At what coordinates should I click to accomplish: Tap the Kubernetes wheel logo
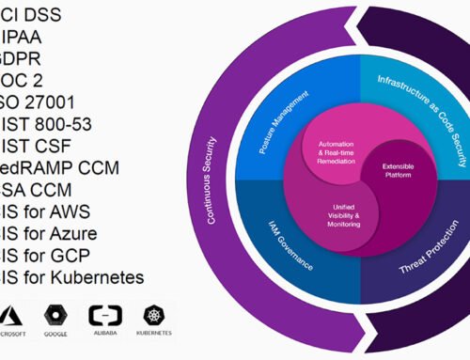(156, 315)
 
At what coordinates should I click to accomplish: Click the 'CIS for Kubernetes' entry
(75, 276)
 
